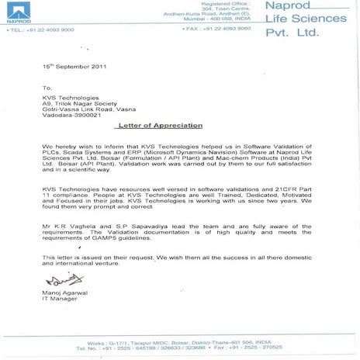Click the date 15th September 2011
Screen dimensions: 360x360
pyautogui.click(x=71, y=68)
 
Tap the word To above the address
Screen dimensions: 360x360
pyautogui.click(x=47, y=88)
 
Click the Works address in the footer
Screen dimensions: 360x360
pyautogui.click(x=180, y=341)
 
